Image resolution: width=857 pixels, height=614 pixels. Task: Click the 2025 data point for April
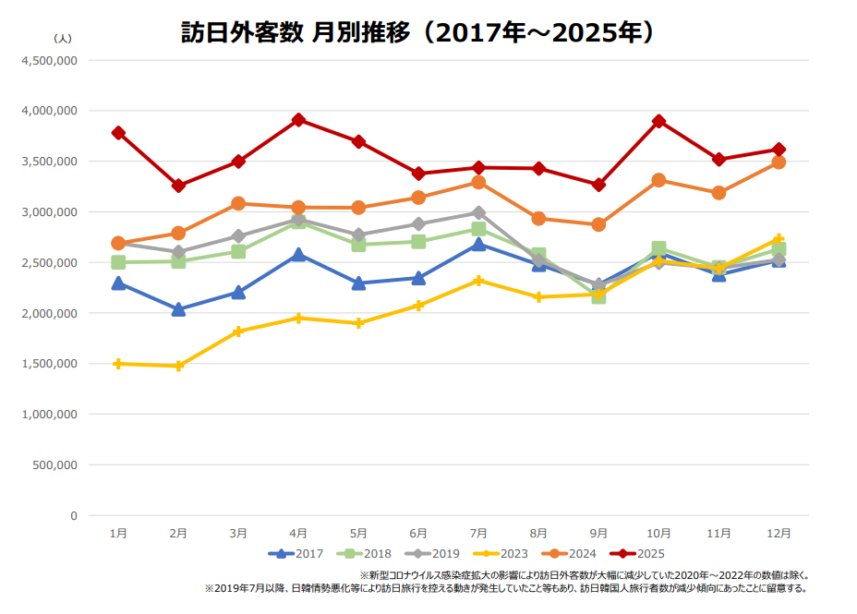(x=298, y=120)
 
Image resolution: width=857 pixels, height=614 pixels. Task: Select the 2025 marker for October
(x=658, y=121)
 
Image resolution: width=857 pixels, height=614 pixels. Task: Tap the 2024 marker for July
(x=478, y=183)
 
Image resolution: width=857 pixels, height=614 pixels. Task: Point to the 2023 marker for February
(x=178, y=366)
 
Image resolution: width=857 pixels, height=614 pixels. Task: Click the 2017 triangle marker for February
(x=178, y=309)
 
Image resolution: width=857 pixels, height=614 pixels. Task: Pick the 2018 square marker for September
(x=598, y=296)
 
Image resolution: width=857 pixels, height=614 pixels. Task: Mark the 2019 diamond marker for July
(x=478, y=212)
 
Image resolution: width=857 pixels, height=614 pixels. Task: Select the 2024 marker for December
(x=779, y=162)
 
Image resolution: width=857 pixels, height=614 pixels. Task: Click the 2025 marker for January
(x=118, y=133)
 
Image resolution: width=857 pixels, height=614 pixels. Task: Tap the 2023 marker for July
(x=478, y=280)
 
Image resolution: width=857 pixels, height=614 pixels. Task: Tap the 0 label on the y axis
(x=73, y=515)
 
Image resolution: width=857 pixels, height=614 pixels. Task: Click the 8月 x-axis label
(x=538, y=533)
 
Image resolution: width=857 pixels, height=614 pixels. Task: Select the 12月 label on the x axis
(x=779, y=533)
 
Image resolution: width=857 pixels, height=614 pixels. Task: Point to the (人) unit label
(x=63, y=38)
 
